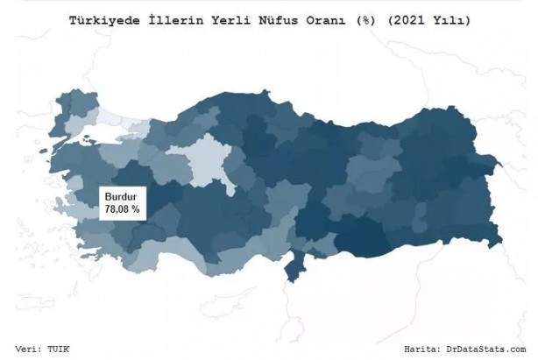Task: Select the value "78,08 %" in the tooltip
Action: tap(122, 211)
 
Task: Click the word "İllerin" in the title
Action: tap(174, 18)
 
